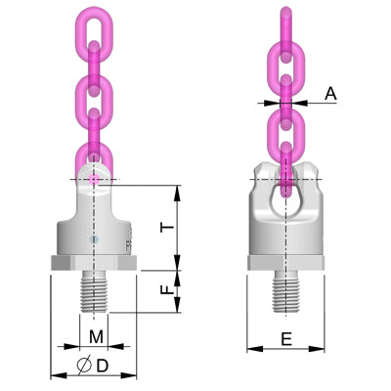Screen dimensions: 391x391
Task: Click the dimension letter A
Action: pyautogui.click(x=330, y=94)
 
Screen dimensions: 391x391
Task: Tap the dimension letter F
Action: pyautogui.click(x=168, y=290)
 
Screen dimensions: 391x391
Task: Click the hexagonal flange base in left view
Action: pyautogui.click(x=94, y=263)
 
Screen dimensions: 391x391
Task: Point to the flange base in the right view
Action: pyautogui.click(x=284, y=262)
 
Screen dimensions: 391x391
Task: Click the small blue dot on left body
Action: pyautogui.click(x=94, y=238)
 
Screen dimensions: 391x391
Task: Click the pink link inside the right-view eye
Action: pyautogui.click(x=284, y=181)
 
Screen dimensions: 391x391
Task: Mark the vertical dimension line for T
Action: pyautogui.click(x=178, y=225)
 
